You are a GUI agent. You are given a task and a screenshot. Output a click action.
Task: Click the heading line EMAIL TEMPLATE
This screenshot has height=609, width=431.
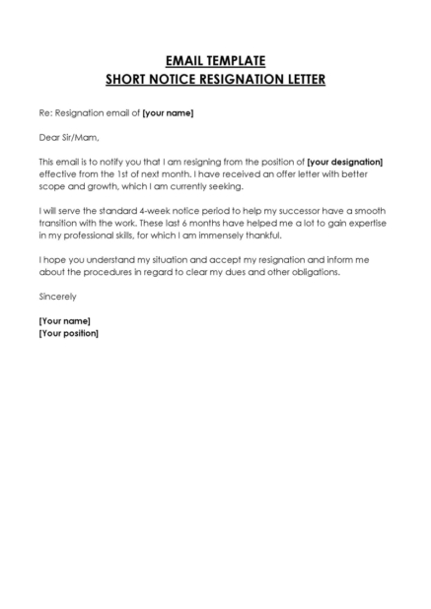tap(215, 61)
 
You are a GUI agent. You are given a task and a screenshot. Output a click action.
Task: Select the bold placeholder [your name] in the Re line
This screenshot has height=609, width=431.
tap(168, 113)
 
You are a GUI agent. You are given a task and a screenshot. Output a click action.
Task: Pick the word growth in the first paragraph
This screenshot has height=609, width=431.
tap(97, 186)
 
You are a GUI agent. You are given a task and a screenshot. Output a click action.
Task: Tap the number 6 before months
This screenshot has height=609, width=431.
tap(182, 223)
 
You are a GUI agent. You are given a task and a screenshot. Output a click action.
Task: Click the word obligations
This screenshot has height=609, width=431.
tap(311, 272)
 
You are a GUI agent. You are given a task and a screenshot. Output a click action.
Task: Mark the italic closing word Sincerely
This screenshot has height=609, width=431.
tap(57, 297)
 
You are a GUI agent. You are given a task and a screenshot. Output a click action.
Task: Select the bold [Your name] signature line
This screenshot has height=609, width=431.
tap(64, 321)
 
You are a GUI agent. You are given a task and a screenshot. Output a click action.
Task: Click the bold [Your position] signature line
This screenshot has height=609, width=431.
tap(68, 333)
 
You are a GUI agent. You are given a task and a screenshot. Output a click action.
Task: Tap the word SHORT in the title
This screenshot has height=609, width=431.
tap(127, 80)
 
